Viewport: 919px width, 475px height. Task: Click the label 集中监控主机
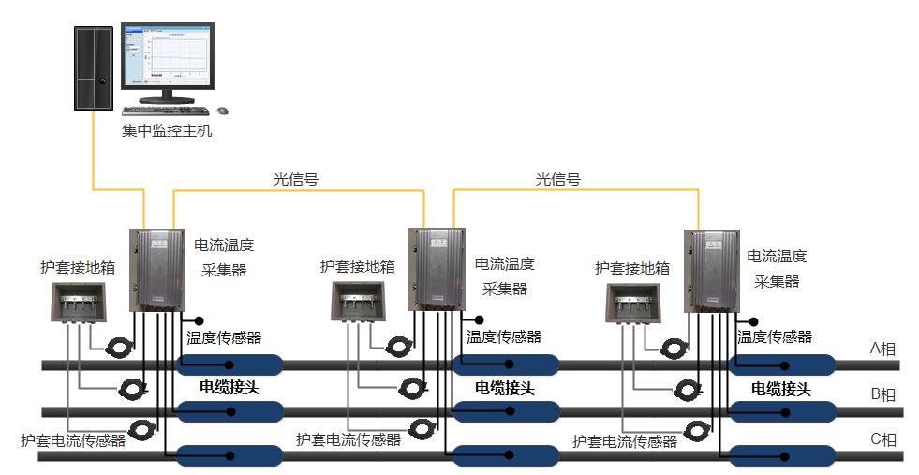(x=167, y=130)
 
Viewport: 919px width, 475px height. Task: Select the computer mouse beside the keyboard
(x=223, y=111)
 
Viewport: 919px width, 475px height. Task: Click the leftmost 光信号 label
(x=295, y=179)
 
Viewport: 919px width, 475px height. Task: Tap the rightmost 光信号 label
(x=558, y=179)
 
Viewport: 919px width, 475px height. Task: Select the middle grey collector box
(x=437, y=269)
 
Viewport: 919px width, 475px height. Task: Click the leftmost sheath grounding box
(x=79, y=302)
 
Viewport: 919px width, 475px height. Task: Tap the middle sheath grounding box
(x=359, y=302)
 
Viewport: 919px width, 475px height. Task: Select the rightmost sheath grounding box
(x=633, y=302)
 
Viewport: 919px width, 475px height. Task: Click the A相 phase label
(x=882, y=349)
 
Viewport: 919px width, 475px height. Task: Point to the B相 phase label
(x=883, y=394)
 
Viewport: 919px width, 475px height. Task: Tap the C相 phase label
(x=883, y=439)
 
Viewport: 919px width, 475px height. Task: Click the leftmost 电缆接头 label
(x=230, y=387)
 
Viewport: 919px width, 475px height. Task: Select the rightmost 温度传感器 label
(x=774, y=337)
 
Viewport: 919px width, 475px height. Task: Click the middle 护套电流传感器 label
(x=348, y=439)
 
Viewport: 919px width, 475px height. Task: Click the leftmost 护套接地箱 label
(x=78, y=267)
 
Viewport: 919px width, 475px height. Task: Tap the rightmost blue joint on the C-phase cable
(x=782, y=455)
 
